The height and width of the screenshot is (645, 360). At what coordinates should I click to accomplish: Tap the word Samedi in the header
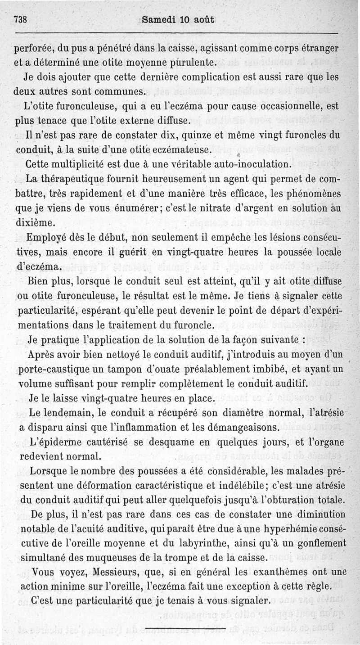[x=157, y=20]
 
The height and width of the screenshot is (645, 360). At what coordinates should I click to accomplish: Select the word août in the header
[x=203, y=20]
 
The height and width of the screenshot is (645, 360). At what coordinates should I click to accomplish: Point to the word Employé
[x=48, y=237]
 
